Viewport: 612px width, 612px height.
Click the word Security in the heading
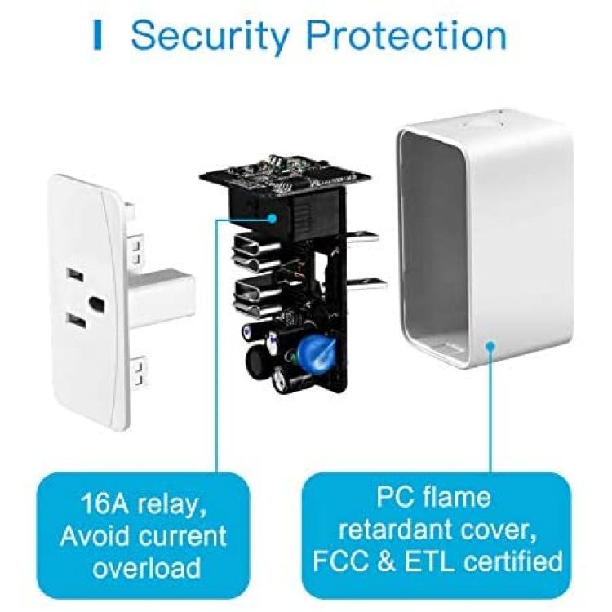point(211,37)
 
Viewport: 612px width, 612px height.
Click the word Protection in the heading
point(406,35)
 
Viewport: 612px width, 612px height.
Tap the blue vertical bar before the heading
point(98,36)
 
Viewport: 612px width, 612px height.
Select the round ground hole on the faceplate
point(96,302)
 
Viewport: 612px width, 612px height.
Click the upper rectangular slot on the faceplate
point(75,275)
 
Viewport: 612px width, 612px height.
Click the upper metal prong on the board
point(362,237)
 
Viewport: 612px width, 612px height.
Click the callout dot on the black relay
point(272,219)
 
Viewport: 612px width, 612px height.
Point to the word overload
point(147,567)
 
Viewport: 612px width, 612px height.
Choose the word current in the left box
point(183,535)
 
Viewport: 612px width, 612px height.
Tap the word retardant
point(396,530)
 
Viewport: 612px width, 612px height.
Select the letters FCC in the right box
point(341,561)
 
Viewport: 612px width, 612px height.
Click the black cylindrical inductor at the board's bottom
point(259,362)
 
